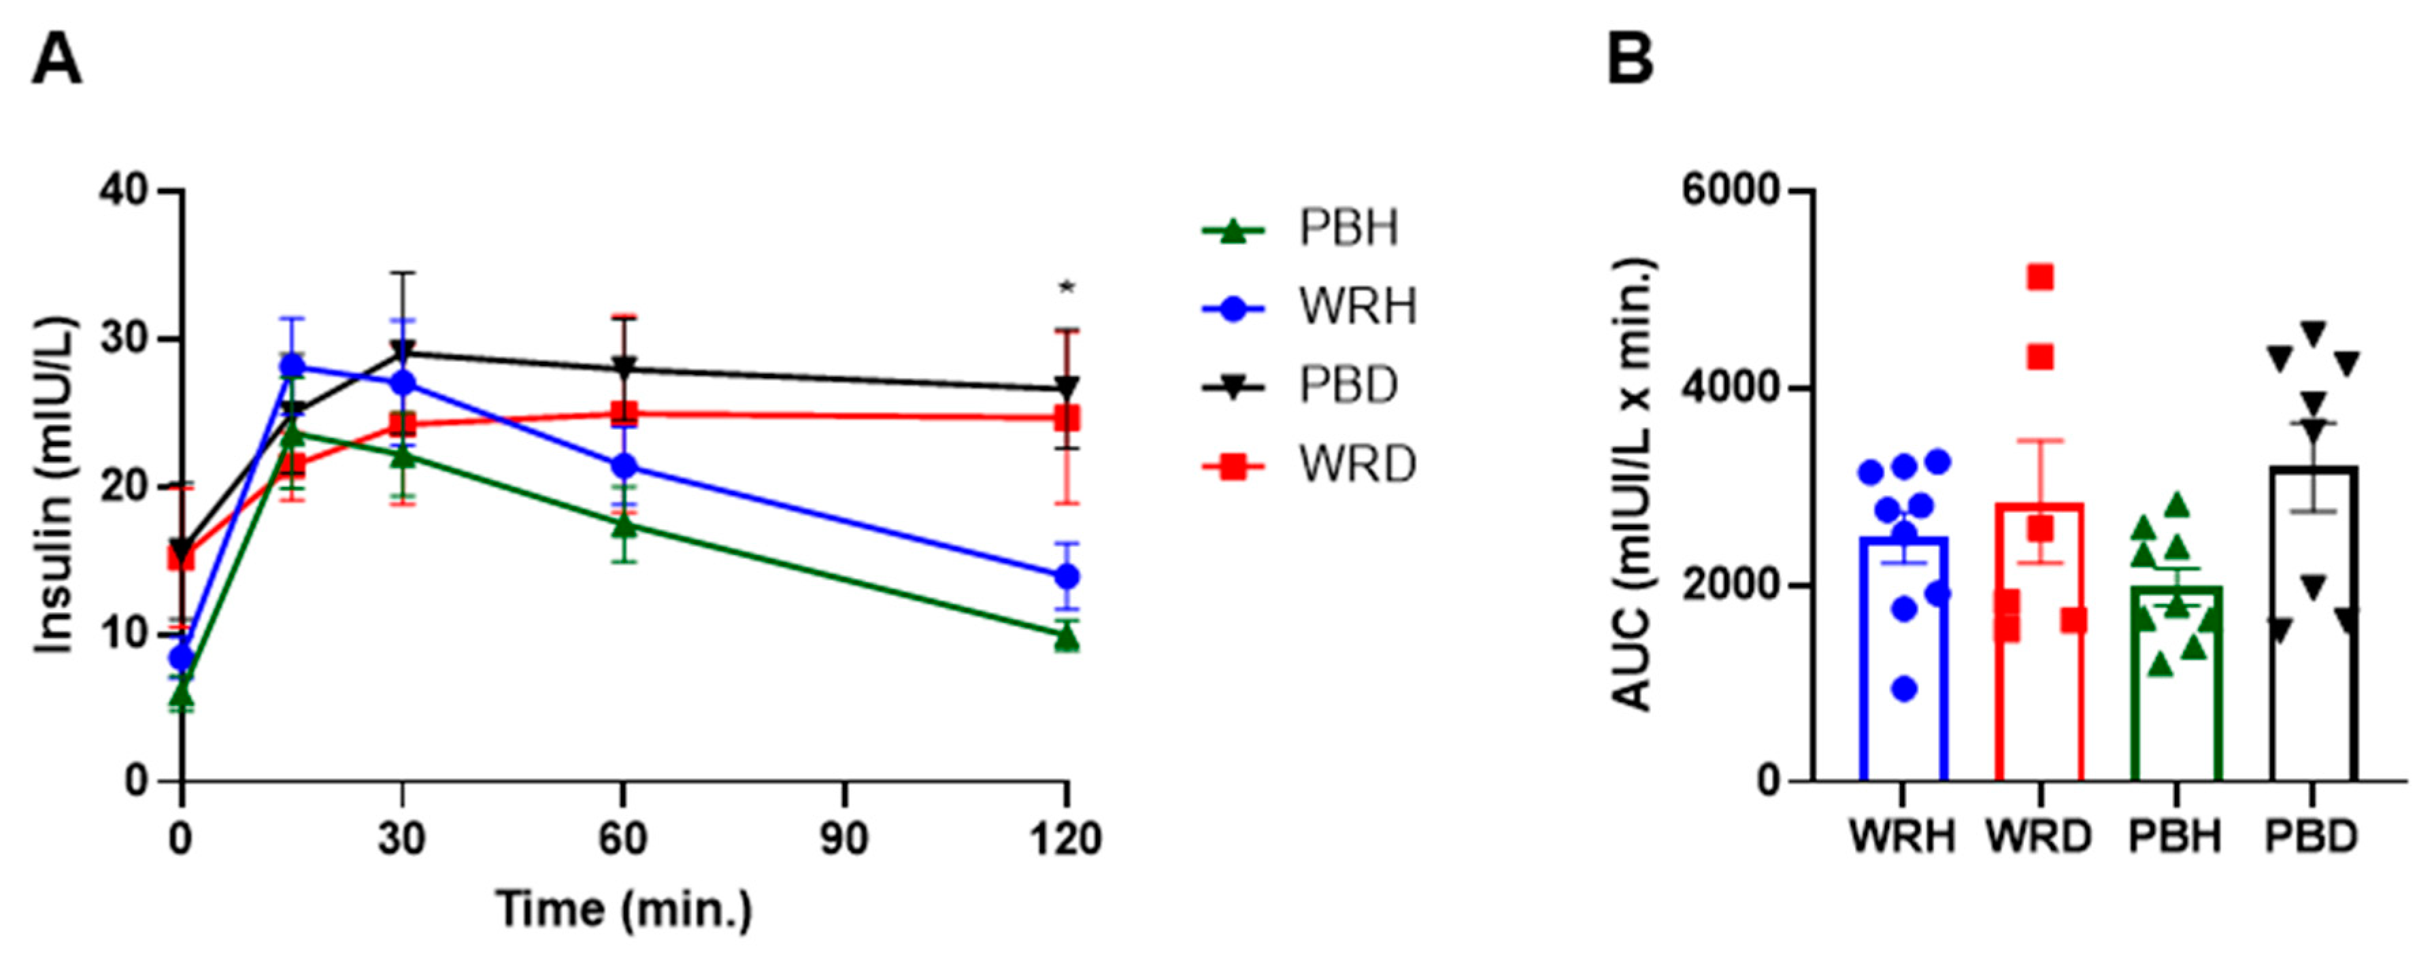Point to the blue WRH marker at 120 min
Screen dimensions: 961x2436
[x=1067, y=576]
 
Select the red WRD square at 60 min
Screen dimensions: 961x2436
[x=623, y=414]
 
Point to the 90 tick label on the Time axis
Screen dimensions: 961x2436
[x=844, y=838]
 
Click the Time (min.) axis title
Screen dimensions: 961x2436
[x=623, y=910]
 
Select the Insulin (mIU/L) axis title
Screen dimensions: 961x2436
[x=55, y=484]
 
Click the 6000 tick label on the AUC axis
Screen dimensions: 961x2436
[x=1730, y=191]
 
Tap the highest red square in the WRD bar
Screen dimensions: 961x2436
[x=2040, y=276]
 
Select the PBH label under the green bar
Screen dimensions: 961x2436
[x=2175, y=838]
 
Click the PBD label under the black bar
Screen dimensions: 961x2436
[x=2312, y=838]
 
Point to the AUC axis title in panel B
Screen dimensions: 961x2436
[x=1632, y=484]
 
